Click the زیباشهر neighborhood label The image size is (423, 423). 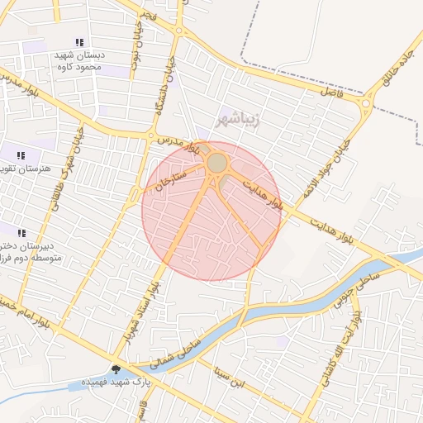pyautogui.click(x=238, y=119)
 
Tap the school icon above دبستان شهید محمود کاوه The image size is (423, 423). pyautogui.click(x=79, y=42)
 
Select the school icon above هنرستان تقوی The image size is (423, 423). pyautogui.click(x=21, y=154)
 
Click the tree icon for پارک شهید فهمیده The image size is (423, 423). pyautogui.click(x=115, y=370)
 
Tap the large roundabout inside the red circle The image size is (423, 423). pyautogui.click(x=217, y=163)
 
